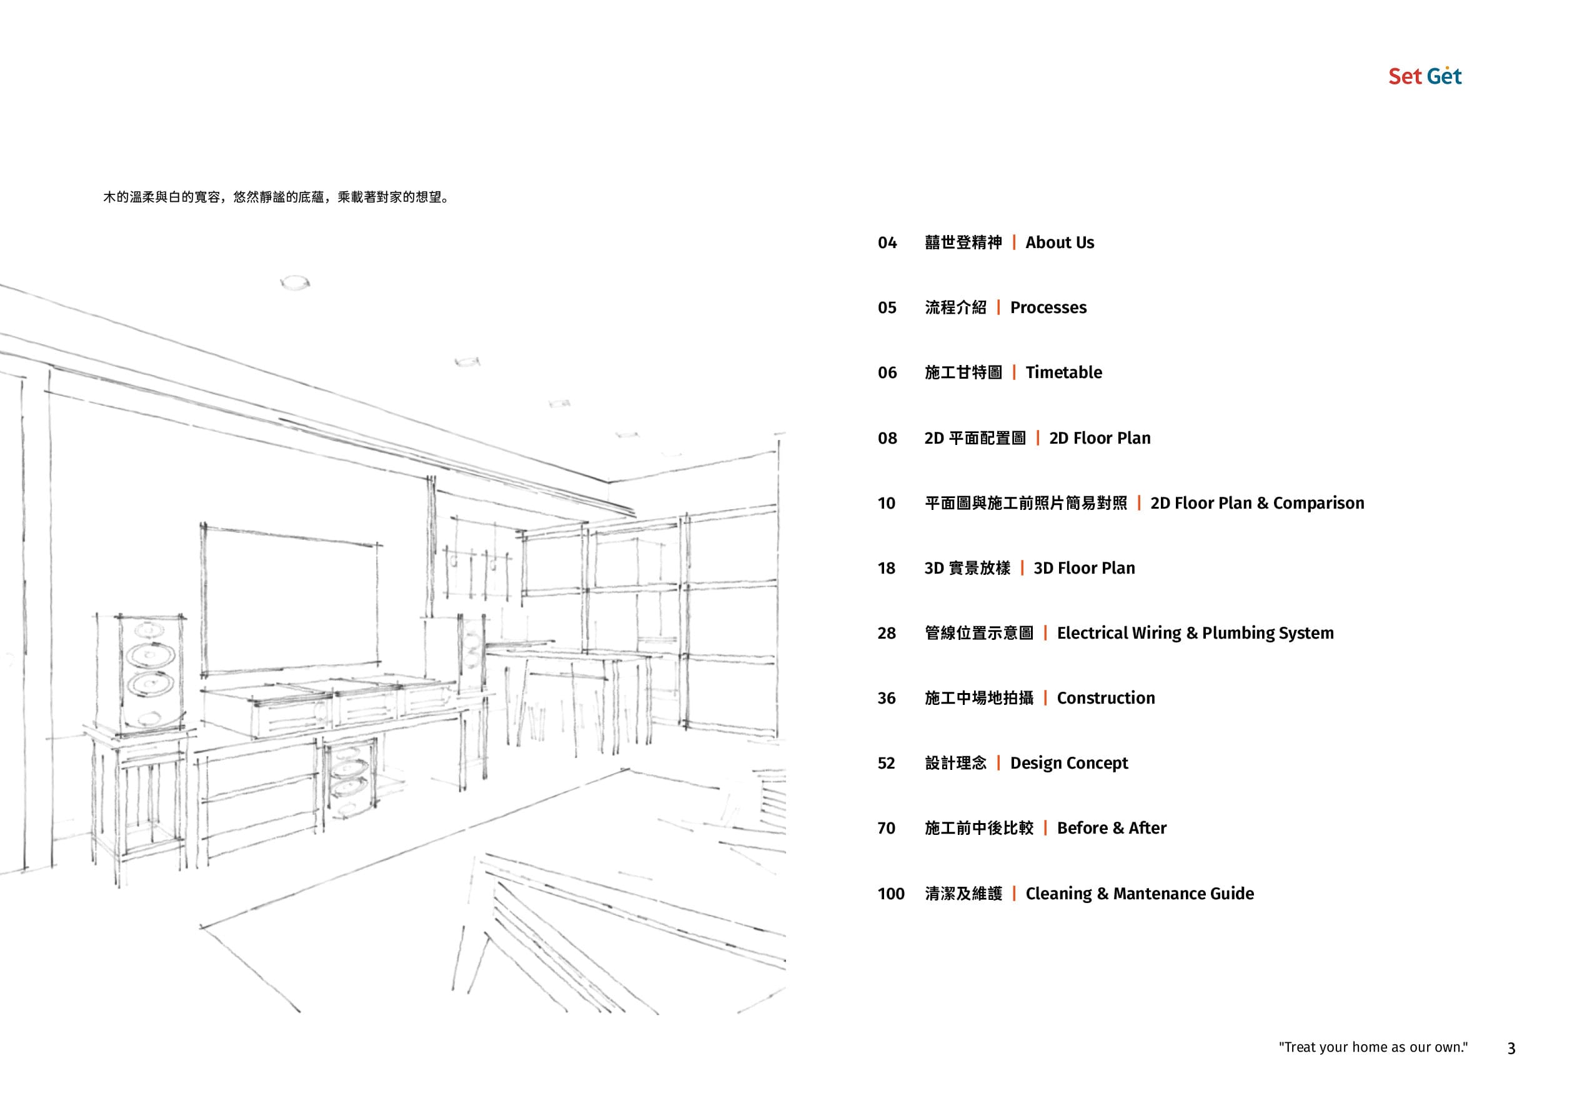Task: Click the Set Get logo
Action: (1425, 76)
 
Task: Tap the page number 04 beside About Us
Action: (887, 243)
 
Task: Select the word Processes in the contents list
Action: (1048, 307)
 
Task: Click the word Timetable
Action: (1063, 372)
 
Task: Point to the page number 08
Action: (887, 439)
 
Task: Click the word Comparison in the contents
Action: (1319, 503)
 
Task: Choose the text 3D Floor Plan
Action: (1084, 568)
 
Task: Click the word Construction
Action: (1106, 698)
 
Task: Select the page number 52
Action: (887, 764)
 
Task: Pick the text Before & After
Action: (1112, 828)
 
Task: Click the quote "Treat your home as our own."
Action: (1373, 1047)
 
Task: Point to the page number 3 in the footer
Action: (1511, 1049)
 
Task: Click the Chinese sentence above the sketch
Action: (277, 197)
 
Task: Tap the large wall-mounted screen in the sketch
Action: (291, 601)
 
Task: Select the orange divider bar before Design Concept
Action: (998, 763)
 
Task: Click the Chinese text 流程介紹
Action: (955, 307)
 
